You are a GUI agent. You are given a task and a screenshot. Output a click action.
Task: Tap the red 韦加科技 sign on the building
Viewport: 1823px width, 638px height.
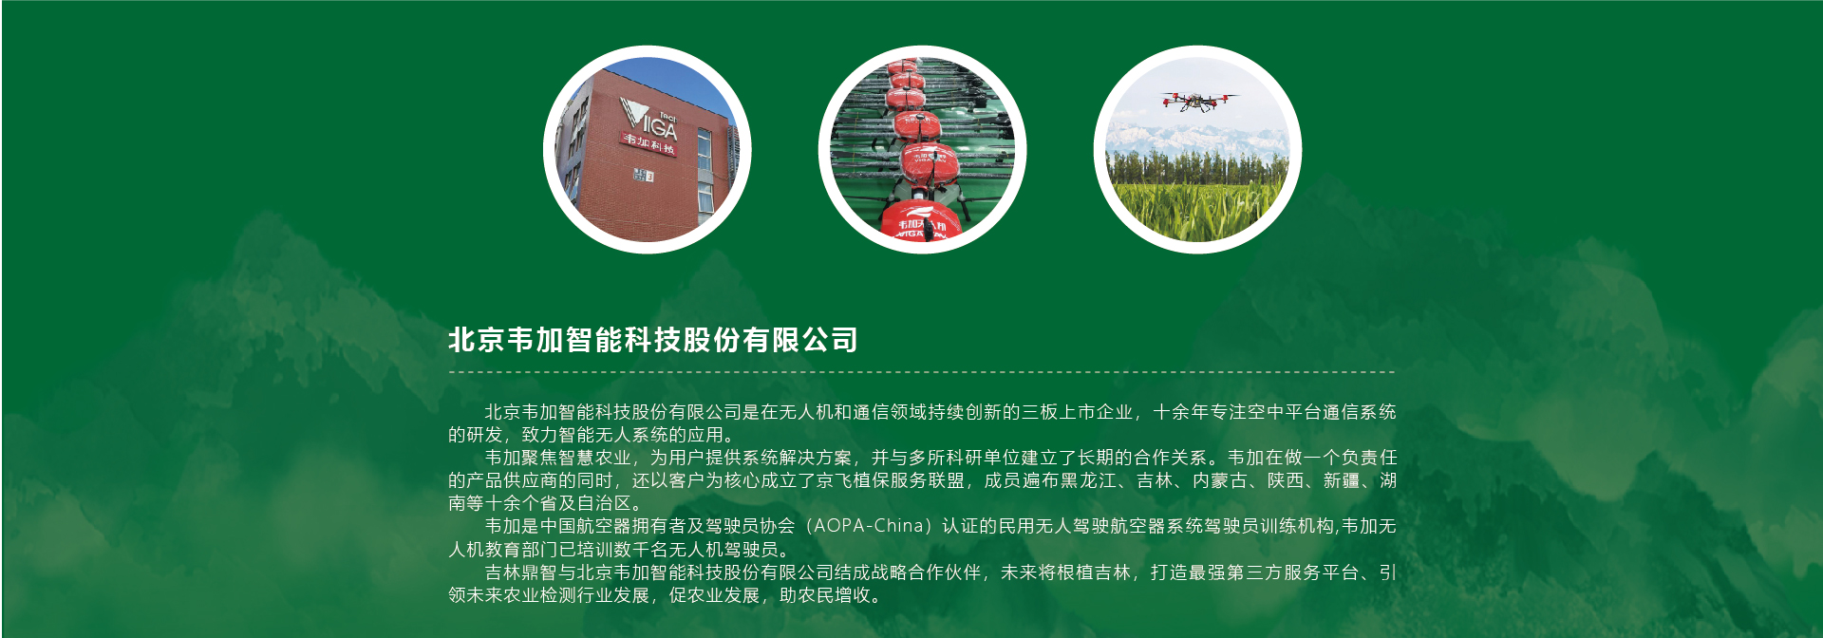click(x=649, y=144)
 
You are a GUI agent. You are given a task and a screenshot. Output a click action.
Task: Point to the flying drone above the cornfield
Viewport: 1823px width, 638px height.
click(x=1198, y=101)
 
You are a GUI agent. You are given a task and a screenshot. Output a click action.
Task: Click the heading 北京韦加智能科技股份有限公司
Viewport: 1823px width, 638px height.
click(x=653, y=340)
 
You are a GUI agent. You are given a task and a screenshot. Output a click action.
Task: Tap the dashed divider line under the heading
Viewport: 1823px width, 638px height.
click(x=921, y=372)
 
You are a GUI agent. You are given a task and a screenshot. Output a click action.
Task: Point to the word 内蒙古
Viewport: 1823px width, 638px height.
click(x=1220, y=480)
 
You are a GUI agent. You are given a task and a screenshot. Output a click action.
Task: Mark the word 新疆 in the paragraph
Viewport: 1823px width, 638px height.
click(x=1342, y=480)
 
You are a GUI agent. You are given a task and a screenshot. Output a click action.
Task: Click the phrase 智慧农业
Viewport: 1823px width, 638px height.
click(x=595, y=458)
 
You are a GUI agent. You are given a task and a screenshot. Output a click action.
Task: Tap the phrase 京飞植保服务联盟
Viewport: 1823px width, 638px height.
click(x=891, y=480)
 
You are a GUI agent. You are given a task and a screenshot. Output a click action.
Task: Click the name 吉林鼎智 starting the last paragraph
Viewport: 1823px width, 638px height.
click(x=521, y=572)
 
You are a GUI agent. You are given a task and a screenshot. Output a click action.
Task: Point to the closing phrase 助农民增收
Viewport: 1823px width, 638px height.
click(x=825, y=595)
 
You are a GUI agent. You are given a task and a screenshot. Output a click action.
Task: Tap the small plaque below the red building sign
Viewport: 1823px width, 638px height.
click(x=643, y=176)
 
